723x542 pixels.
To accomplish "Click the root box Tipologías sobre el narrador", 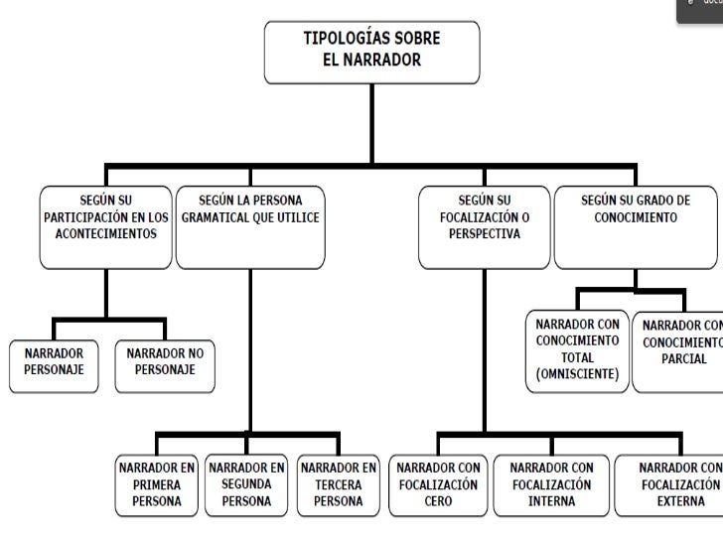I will pos(371,52).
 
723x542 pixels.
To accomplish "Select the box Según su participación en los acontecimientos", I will pos(105,225).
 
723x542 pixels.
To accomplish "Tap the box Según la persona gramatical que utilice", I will pos(250,225).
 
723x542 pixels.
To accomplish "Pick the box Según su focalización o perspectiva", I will pos(484,225).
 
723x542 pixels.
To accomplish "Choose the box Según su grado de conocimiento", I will pos(636,225).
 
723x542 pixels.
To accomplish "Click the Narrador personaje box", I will pos(48,361).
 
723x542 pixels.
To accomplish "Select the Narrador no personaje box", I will pos(165,361).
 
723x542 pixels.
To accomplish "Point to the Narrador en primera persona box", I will pos(157,484).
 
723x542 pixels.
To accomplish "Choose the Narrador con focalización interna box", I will pos(551,484).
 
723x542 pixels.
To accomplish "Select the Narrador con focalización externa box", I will pos(671,484).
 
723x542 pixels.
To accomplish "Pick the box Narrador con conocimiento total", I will pos(577,349).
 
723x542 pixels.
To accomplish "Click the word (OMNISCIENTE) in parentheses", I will pos(577,374).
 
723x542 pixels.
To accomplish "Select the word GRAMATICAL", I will pos(214,217).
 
